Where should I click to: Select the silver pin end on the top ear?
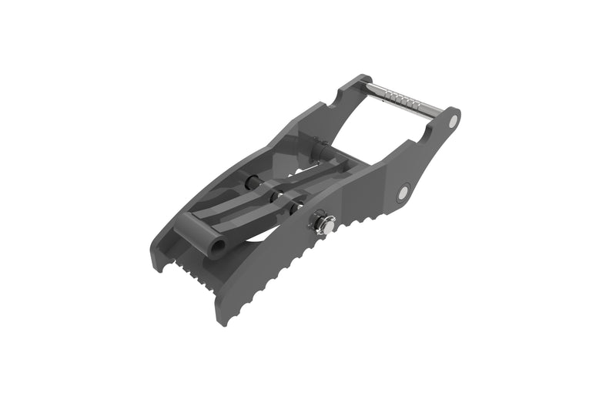coord(453,121)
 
